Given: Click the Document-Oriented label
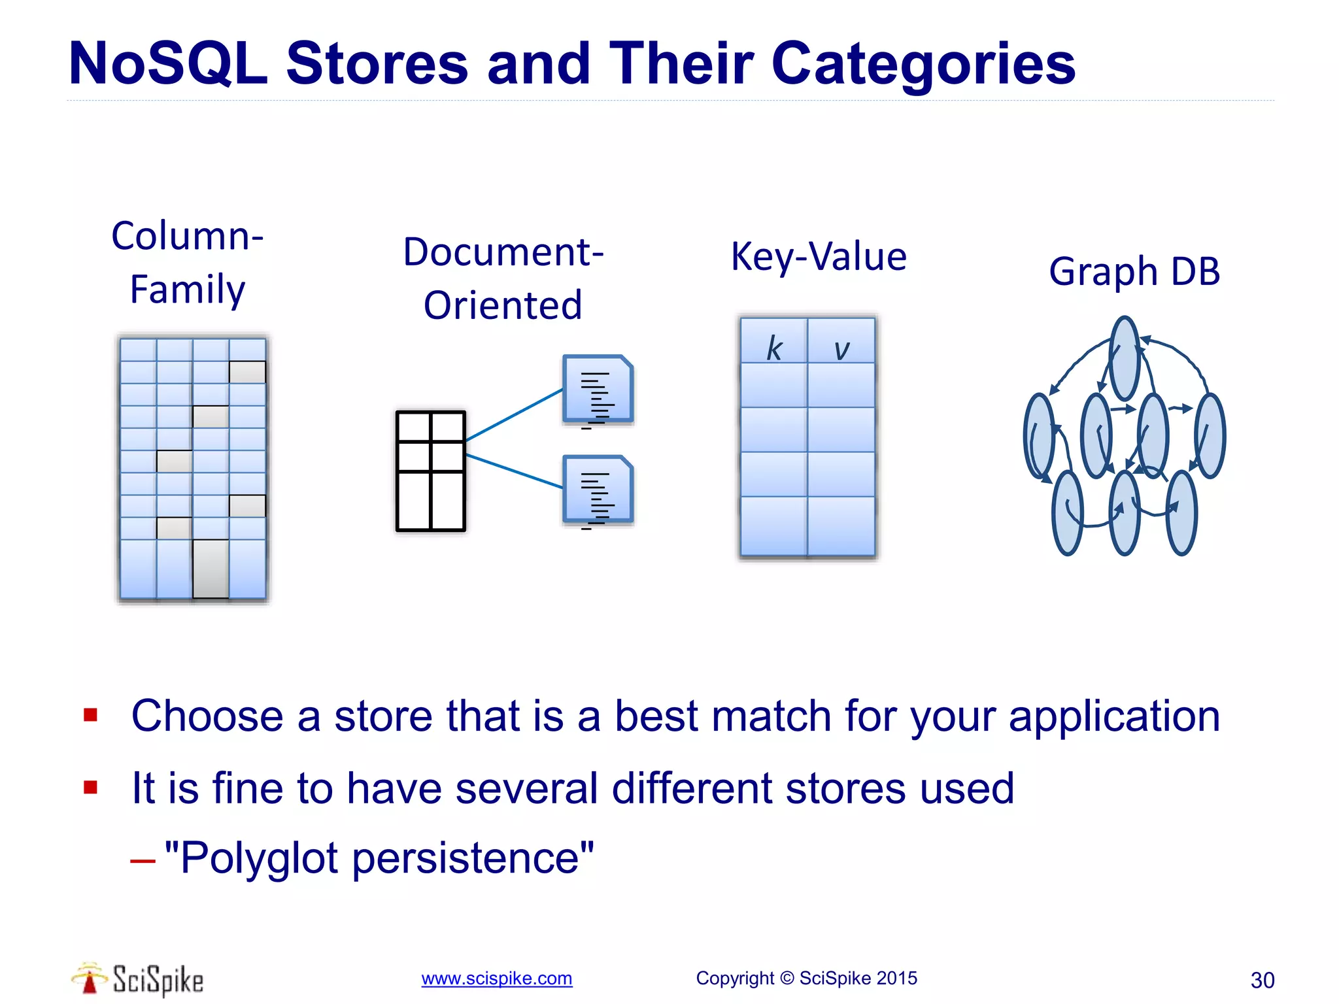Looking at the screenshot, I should pos(503,278).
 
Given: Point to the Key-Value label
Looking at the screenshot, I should pos(819,256).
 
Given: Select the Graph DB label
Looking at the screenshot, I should pos(1134,271).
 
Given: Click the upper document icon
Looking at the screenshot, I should pos(598,390).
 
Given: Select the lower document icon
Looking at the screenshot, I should pos(598,490).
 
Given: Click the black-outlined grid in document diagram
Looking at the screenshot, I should pos(431,471).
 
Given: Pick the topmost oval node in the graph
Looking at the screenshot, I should pos(1125,358).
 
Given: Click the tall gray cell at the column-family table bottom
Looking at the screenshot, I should pos(211,568).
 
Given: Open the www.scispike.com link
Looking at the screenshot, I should pos(496,979).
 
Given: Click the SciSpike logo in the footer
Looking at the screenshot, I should pos(137,979).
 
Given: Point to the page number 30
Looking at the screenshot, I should pos(1262,980).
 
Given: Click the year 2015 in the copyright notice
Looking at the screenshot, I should pos(896,979).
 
